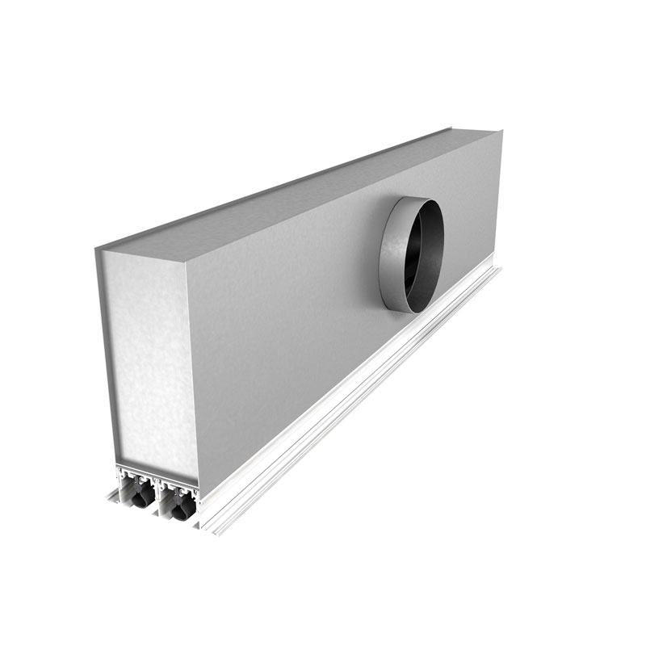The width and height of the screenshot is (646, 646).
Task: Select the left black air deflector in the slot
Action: (x=141, y=493)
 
